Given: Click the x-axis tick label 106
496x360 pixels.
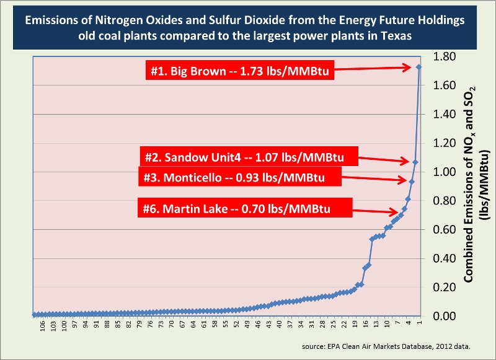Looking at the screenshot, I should (43, 327).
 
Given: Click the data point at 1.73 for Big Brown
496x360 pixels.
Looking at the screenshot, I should (419, 67).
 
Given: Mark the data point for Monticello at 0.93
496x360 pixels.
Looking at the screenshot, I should (412, 182).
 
